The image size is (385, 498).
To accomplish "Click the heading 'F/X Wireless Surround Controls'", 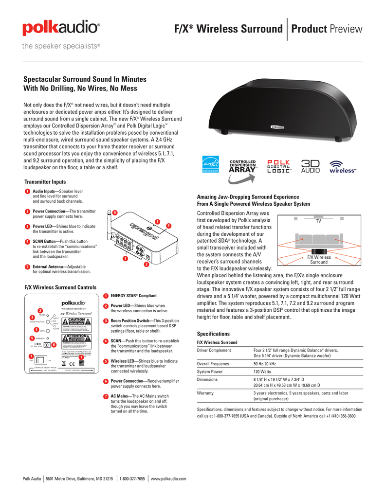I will pyautogui.click(x=60, y=287).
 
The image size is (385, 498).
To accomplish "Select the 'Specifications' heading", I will pyautogui.click(x=213, y=334).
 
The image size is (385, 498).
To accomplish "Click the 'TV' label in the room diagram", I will pyautogui.click(x=319, y=221).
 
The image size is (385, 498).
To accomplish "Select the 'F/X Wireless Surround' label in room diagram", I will pyautogui.click(x=319, y=260).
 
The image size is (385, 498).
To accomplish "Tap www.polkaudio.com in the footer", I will pyautogui.click(x=169, y=479).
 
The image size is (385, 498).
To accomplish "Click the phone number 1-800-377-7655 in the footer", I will pyautogui.click(x=132, y=479).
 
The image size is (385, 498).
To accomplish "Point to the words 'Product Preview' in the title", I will pyautogui.click(x=327, y=29).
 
